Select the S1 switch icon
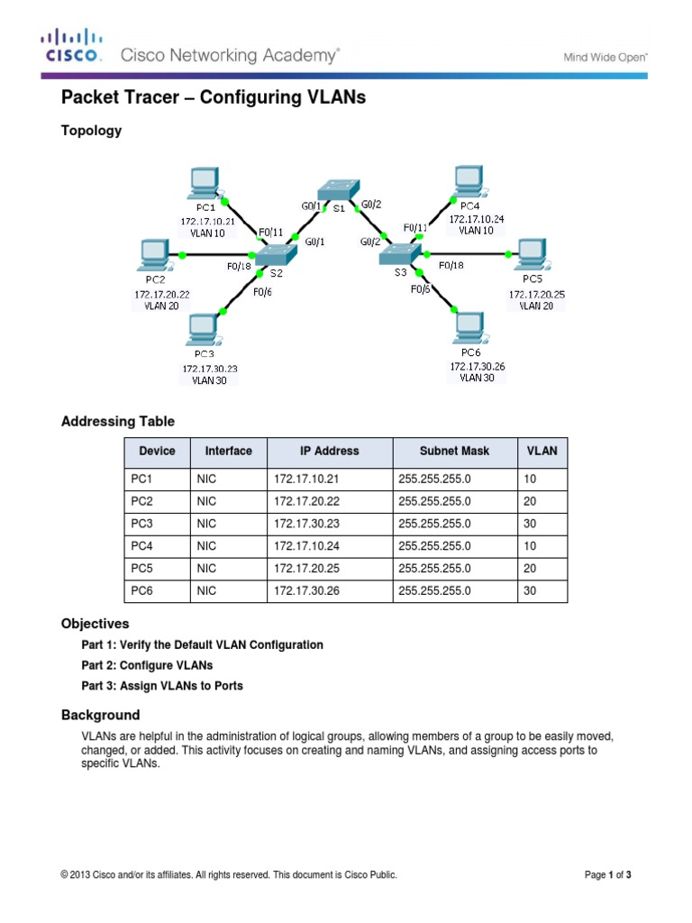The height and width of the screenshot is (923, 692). click(x=337, y=192)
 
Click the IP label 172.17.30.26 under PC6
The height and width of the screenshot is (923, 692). click(x=478, y=367)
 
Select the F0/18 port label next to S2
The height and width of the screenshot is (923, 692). click(x=240, y=267)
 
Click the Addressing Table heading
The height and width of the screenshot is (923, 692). click(x=117, y=422)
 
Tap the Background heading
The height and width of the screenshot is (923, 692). click(x=100, y=715)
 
